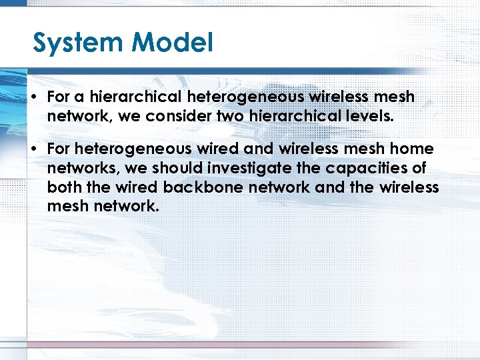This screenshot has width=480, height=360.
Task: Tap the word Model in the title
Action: point(173,43)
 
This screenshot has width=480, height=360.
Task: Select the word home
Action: point(411,149)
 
